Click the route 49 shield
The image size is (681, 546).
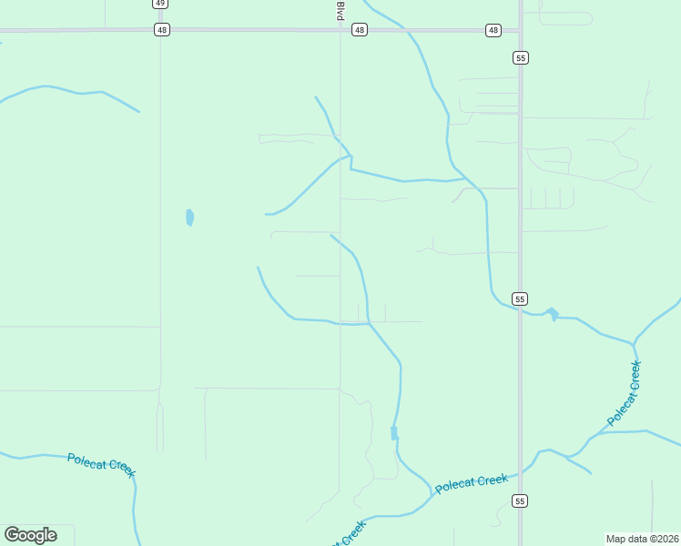(x=160, y=4)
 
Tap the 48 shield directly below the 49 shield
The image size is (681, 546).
(x=161, y=30)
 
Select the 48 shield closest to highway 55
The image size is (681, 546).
(x=493, y=30)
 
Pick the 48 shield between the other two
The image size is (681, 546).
(x=360, y=30)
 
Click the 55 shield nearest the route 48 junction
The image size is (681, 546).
(x=520, y=57)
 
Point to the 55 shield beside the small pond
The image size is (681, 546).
(x=520, y=298)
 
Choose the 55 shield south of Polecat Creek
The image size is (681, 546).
(x=520, y=500)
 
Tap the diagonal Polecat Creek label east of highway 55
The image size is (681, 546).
(x=625, y=393)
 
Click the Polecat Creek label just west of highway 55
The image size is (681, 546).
(x=471, y=483)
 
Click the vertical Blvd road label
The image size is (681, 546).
(x=340, y=11)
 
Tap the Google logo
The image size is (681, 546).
(x=30, y=535)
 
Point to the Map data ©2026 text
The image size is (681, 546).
(x=641, y=538)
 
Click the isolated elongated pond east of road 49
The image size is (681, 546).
(x=189, y=217)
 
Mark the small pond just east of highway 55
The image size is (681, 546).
(x=552, y=315)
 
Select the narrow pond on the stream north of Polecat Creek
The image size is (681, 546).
(x=394, y=433)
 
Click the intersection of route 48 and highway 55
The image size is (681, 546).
(x=520, y=30)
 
